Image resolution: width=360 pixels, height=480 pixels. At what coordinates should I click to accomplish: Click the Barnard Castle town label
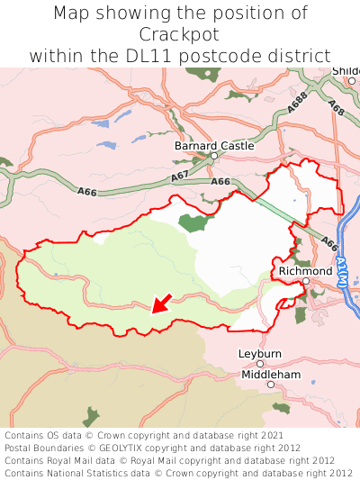[x=214, y=145]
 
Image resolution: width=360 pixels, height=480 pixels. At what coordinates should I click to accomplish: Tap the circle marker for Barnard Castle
[x=214, y=156]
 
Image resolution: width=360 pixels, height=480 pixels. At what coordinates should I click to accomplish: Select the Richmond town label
[x=305, y=271]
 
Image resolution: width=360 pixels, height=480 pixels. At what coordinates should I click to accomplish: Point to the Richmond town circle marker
[x=305, y=281]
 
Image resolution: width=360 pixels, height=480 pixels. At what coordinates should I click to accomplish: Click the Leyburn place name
[x=260, y=354]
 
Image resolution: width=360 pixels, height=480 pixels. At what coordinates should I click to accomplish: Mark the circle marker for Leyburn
[x=260, y=364]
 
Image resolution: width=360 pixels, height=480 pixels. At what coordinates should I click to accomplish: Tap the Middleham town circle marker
[x=270, y=385]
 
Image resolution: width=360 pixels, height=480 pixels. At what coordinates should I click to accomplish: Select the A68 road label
[x=337, y=109]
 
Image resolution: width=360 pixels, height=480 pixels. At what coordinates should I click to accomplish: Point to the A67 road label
[x=179, y=174]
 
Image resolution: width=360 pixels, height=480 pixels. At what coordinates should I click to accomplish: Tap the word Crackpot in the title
[x=180, y=34]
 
